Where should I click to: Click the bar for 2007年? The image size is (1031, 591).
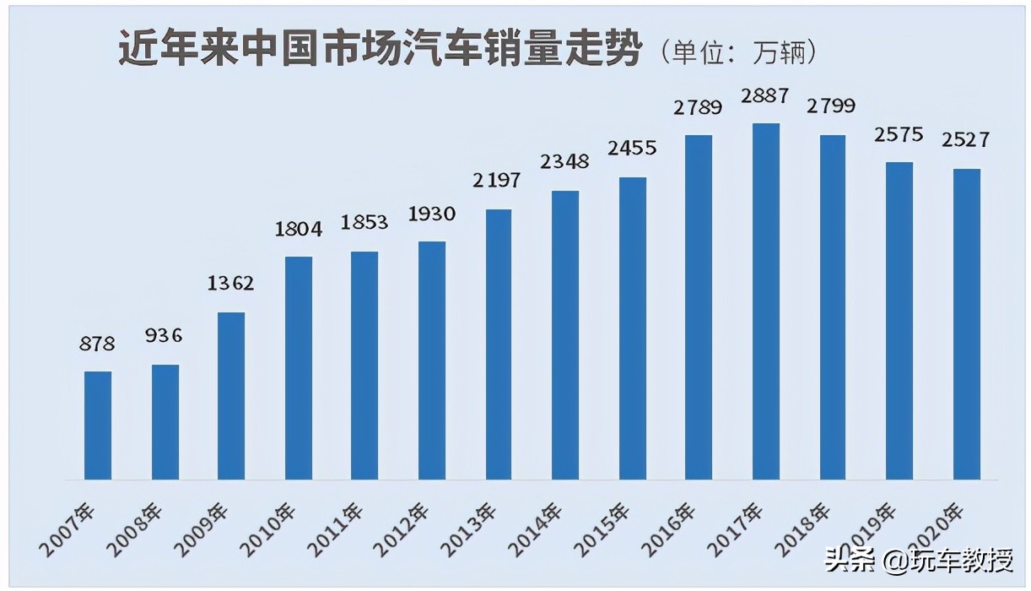(98, 426)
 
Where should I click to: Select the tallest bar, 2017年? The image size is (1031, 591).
(766, 301)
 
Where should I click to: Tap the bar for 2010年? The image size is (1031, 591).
(299, 368)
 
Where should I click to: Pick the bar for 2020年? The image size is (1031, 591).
(967, 324)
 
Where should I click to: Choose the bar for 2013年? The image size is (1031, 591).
(499, 344)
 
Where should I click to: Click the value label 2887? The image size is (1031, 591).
(765, 96)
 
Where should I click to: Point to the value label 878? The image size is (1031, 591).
(98, 344)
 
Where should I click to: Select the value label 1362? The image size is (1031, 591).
(231, 284)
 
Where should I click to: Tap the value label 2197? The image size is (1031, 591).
(498, 180)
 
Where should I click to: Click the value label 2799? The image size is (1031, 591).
(832, 106)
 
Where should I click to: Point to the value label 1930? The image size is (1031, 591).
(431, 214)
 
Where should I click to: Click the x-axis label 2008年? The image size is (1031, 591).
(138, 530)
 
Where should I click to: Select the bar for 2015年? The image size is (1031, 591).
(633, 328)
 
